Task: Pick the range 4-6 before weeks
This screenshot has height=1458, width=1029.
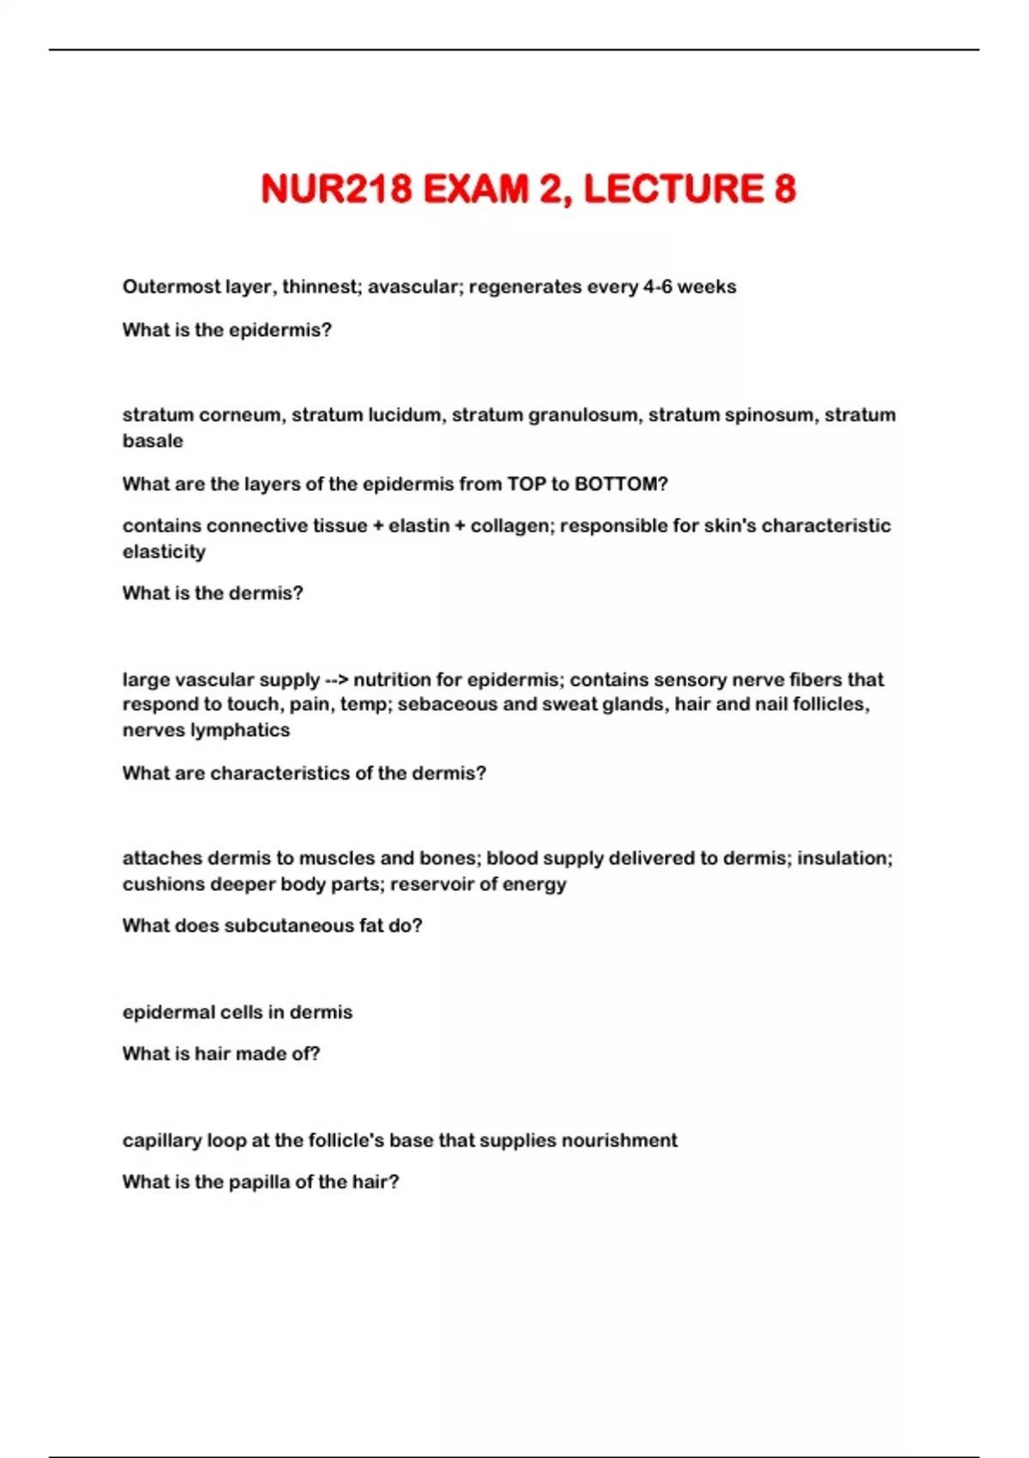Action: click(657, 286)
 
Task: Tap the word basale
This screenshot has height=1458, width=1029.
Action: click(153, 441)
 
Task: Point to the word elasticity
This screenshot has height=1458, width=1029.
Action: click(164, 551)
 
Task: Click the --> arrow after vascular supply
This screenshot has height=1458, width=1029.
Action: click(335, 680)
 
